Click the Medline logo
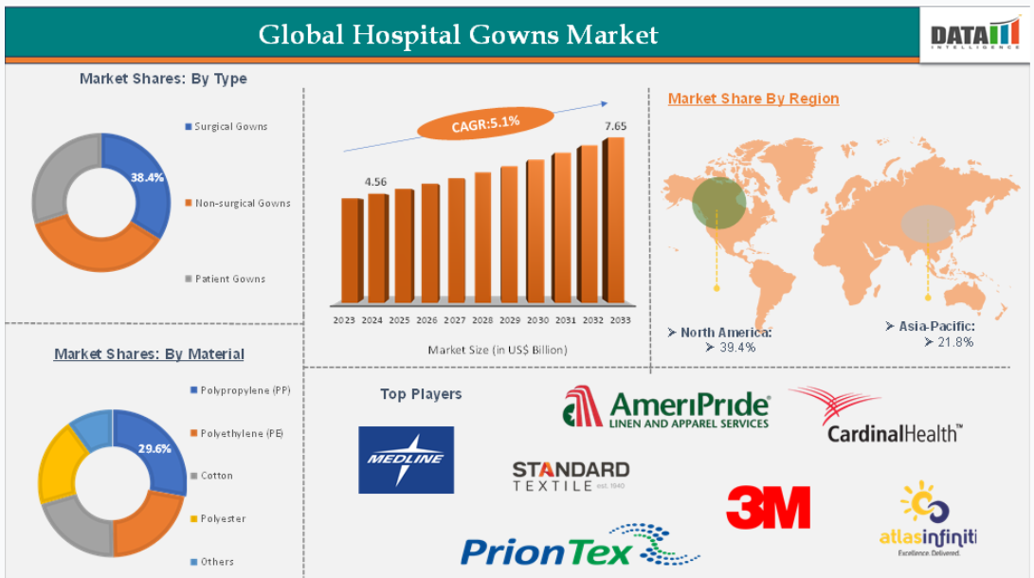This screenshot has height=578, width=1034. [406, 460]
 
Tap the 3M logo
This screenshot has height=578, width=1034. [768, 507]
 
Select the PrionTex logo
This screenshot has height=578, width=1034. [580, 546]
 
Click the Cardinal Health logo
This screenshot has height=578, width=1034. [875, 415]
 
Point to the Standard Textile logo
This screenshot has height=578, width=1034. [571, 476]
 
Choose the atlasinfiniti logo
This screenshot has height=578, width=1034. [928, 518]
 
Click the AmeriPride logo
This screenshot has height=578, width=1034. [666, 406]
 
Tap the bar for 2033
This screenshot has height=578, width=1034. [614, 220]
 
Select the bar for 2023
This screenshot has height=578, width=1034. [353, 250]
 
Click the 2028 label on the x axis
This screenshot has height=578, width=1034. [482, 320]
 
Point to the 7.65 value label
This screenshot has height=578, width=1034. [615, 126]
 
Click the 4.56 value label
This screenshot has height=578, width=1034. [375, 182]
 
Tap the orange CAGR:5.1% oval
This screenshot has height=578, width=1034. [485, 123]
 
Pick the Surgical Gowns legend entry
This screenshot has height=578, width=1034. [227, 127]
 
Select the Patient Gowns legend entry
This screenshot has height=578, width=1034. [225, 279]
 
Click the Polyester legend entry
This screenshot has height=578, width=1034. [218, 518]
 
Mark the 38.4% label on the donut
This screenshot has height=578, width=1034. [147, 177]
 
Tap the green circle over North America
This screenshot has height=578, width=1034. [718, 203]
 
